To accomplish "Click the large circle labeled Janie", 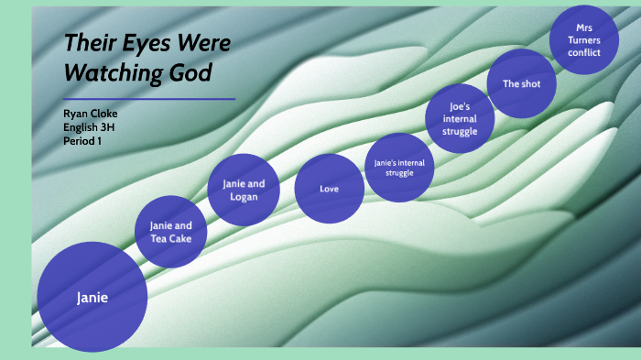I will coord(92,297).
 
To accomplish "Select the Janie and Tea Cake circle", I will coord(171,232).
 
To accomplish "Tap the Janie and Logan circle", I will coord(244,190).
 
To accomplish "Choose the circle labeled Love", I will coord(330,189).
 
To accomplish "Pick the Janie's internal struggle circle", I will coord(400,168).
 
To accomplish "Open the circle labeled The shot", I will coord(520,83).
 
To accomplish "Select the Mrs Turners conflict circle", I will coord(583,39).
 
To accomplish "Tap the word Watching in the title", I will coord(120,71).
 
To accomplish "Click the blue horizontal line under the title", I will coord(149,98).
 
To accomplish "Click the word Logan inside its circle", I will coord(244,196).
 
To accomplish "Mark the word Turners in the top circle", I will coord(583,39).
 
